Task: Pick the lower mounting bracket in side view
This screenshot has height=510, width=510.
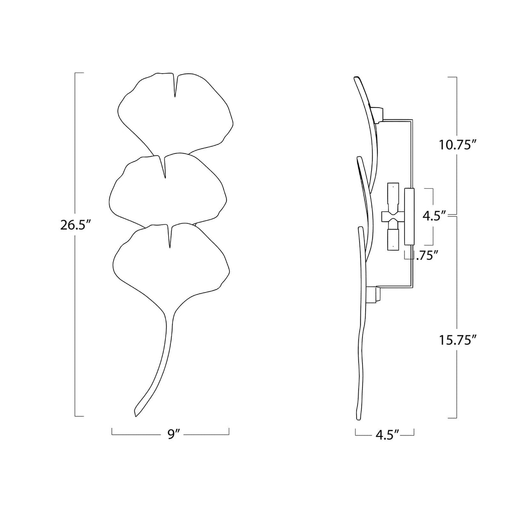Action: coord(376,294)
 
